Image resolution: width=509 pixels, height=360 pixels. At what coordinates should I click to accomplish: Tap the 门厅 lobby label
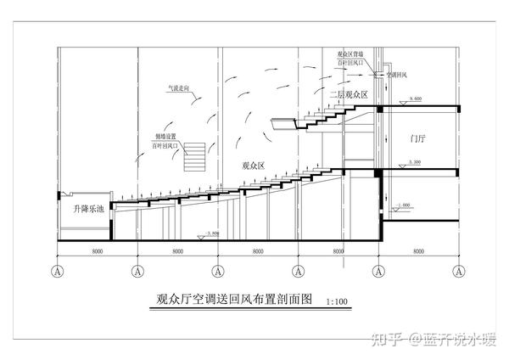point(417,138)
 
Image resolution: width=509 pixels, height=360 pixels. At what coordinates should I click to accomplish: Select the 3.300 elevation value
point(415,162)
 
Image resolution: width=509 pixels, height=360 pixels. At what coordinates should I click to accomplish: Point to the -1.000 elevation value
point(402,206)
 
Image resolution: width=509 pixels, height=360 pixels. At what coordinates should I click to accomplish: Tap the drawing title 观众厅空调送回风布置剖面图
point(235,299)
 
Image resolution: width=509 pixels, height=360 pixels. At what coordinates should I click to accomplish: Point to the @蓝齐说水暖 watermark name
point(450,340)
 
